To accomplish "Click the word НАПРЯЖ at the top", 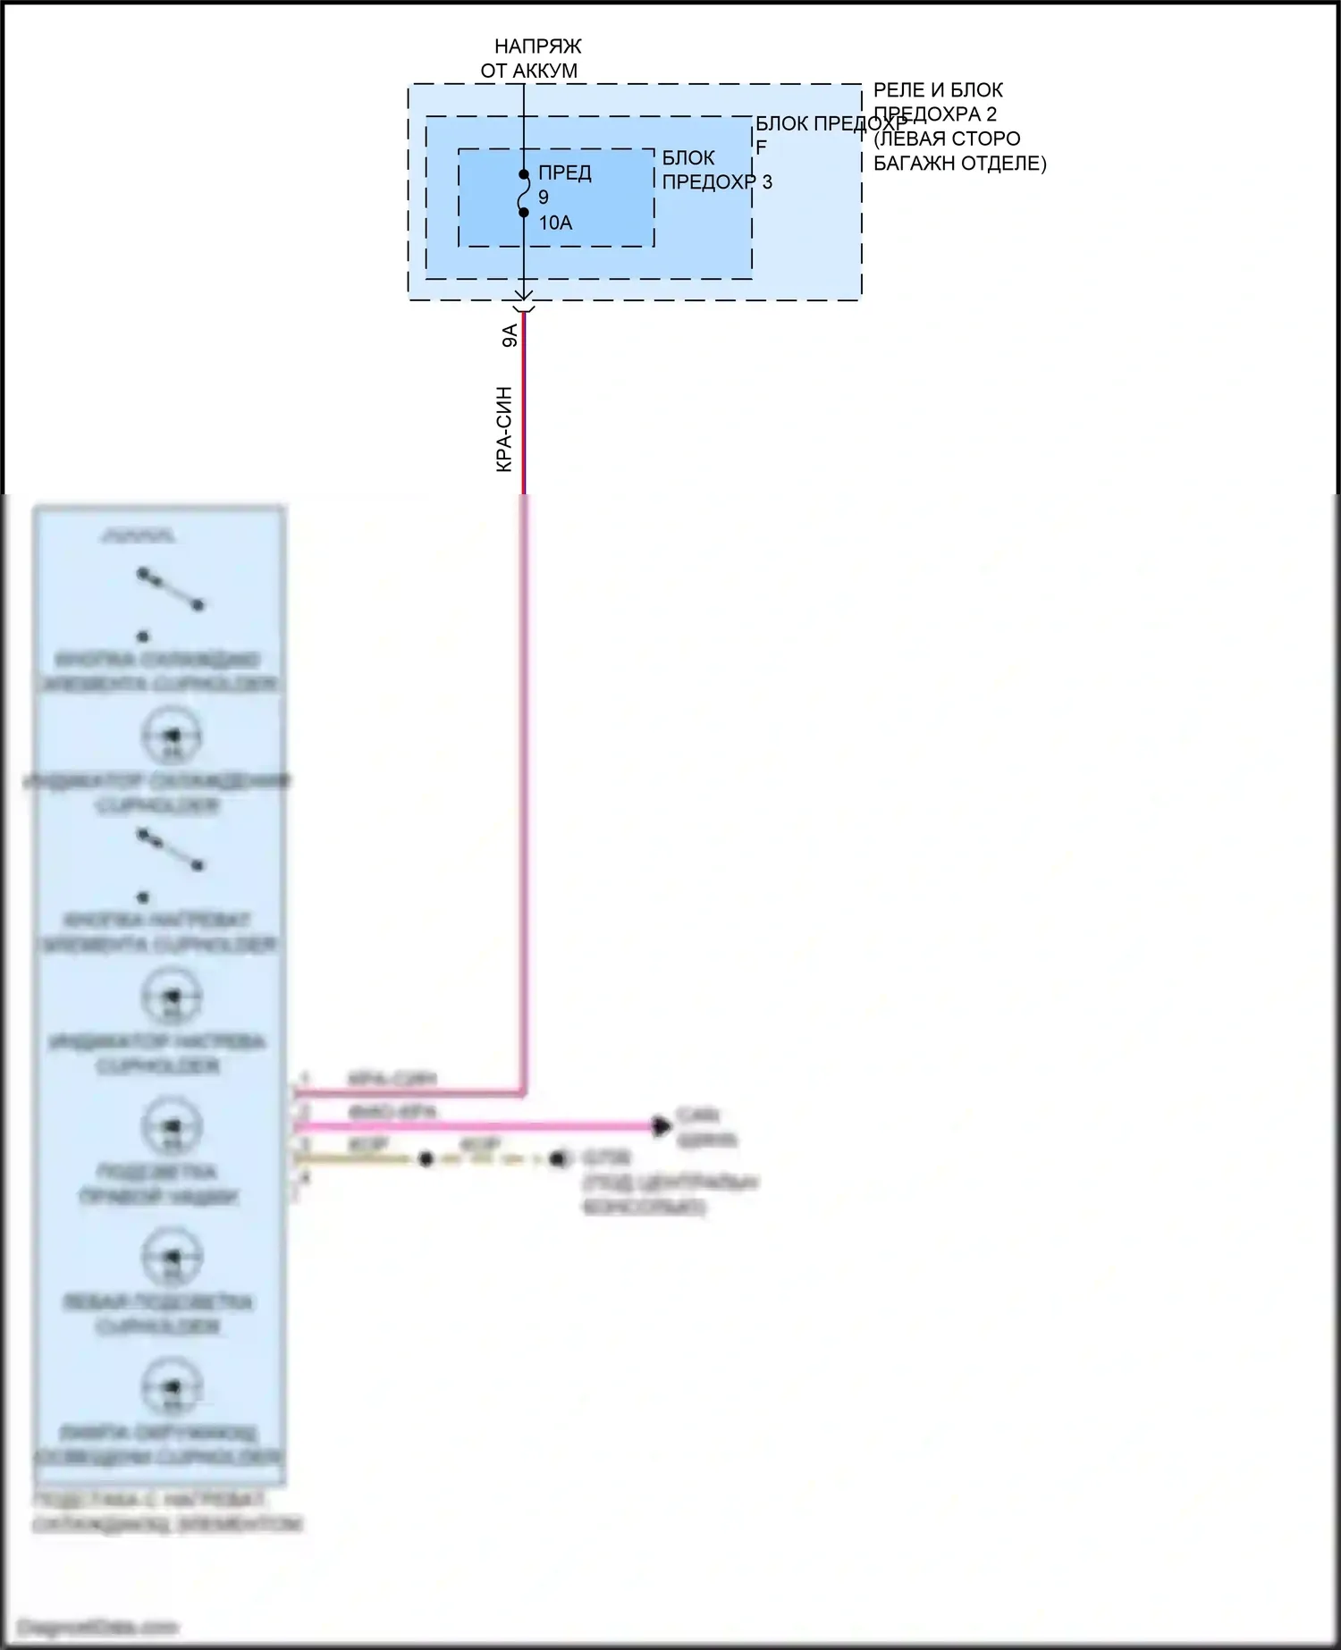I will pos(537,46).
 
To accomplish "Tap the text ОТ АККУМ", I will pos(529,71).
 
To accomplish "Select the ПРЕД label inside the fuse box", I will pos(564,173).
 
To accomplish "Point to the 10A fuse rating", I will pos(555,223).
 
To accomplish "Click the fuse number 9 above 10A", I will pos(544,198).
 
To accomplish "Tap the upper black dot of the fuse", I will pos(524,174).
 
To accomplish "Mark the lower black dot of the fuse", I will pos(524,212).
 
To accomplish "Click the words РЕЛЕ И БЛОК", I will pos(938,90).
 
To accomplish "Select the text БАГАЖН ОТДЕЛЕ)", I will pos(959,164).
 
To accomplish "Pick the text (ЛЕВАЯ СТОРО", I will pos(947,139).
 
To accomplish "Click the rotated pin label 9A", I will pos(510,336).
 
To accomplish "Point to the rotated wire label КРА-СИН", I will pos(504,429).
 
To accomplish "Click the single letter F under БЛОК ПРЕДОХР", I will pos(762,147).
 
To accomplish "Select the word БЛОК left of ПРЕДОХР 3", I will pos(688,158).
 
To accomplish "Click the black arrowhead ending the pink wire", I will pos(662,1126).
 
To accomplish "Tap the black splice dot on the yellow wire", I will pos(426,1159).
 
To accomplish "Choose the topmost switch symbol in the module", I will pos(170,590).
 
